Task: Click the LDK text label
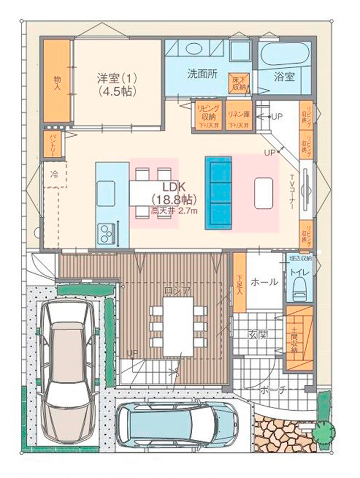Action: (x=172, y=187)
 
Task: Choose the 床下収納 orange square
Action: (x=238, y=83)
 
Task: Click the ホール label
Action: (x=264, y=282)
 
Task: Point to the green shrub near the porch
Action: (x=322, y=431)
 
